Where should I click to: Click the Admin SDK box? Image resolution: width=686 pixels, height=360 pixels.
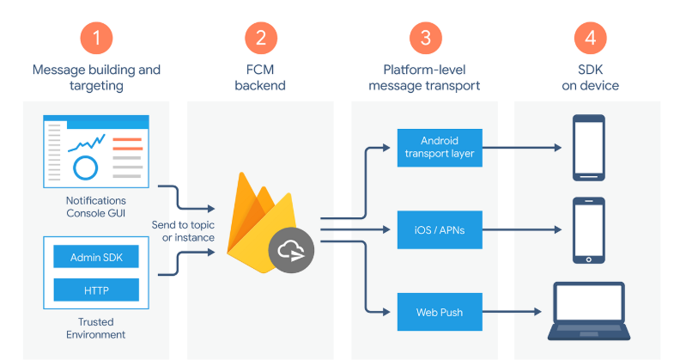pos(96,256)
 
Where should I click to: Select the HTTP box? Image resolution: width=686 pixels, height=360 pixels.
pos(96,290)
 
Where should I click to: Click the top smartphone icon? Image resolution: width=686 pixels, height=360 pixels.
pos(588,147)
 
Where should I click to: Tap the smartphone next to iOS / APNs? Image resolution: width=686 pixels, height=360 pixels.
pos(588,229)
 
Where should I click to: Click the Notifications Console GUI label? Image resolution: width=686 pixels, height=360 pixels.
pos(96,206)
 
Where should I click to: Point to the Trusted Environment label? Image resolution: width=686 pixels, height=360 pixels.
pos(96,328)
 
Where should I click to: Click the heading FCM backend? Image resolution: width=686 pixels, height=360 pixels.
pos(260,77)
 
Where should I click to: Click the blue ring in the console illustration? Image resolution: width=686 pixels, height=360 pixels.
pos(86,167)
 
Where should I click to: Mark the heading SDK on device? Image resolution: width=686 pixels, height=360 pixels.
pos(590,77)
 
